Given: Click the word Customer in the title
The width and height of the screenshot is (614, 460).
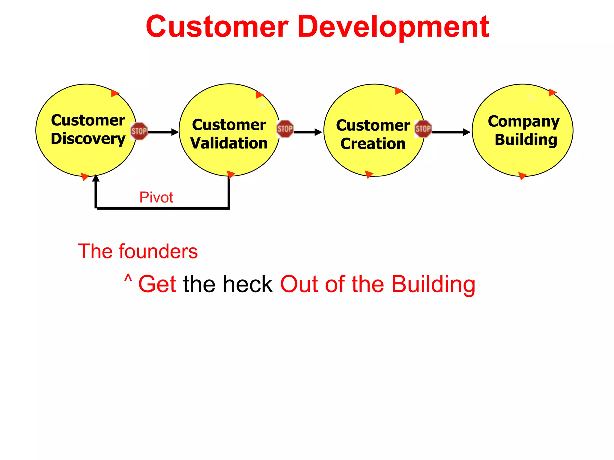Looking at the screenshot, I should [x=217, y=28].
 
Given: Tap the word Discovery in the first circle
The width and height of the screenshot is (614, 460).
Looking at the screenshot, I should [x=88, y=139].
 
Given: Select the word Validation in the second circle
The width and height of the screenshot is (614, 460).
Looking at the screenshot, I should [x=229, y=143].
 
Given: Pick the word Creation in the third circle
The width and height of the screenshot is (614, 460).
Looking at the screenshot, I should [x=373, y=144].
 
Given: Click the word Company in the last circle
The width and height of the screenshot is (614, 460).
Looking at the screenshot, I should [x=523, y=122].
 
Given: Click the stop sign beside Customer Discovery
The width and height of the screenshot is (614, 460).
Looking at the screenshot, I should [x=139, y=131].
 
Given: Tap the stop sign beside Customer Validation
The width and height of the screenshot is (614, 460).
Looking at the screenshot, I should [x=285, y=129].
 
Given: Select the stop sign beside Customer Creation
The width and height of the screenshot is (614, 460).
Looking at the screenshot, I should [x=423, y=129].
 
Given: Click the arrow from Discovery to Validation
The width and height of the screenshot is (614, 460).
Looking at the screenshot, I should [x=163, y=132].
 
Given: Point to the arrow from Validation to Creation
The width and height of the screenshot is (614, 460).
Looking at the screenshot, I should [x=308, y=132].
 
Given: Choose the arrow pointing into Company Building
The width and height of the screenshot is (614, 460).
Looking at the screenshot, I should [x=451, y=132].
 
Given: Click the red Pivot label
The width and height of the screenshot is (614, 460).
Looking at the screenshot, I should [x=156, y=197].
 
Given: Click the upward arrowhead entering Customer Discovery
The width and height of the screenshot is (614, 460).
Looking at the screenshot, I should [x=96, y=178].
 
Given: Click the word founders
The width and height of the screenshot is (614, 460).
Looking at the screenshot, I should [x=158, y=251].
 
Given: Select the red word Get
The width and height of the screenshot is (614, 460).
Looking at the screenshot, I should [x=157, y=284].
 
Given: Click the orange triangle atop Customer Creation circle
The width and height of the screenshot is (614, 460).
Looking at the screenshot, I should [x=399, y=91].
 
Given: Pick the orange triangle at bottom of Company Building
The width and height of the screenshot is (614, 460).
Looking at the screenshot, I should [x=522, y=176].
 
